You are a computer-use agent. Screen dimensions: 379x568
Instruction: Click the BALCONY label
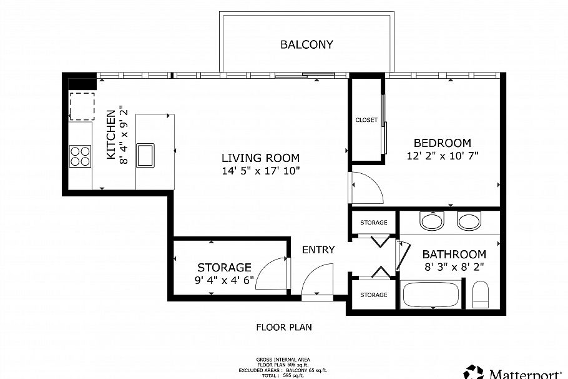306,44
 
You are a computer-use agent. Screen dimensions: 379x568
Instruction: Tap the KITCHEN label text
110,134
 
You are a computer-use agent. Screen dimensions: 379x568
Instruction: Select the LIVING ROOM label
260,158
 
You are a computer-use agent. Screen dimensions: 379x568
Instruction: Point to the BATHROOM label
454,254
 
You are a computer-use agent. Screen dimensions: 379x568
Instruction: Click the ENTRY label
318,250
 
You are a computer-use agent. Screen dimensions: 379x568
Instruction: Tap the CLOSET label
366,120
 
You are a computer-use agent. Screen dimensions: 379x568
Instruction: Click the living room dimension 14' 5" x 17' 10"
260,170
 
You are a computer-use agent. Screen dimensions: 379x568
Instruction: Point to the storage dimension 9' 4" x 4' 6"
223,280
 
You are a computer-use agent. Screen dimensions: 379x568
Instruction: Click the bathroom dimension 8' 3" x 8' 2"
454,266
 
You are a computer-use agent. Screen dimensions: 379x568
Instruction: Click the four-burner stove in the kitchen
80,155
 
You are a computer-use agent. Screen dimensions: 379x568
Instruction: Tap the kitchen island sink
146,154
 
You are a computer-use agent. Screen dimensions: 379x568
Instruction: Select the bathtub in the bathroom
432,295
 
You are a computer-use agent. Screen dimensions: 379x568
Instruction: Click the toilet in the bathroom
481,295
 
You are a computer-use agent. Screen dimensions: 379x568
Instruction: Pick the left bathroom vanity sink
431,221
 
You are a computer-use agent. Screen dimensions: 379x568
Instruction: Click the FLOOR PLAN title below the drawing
284,326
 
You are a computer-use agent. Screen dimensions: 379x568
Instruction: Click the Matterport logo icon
473,371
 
